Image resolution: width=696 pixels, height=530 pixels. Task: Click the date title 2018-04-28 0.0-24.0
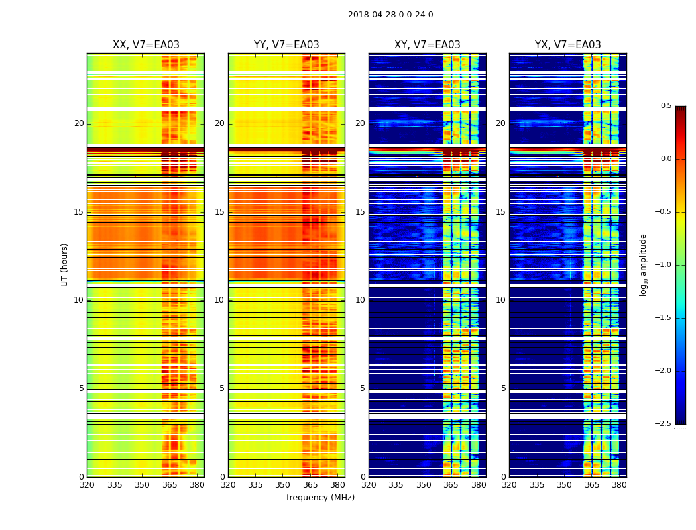(x=390, y=15)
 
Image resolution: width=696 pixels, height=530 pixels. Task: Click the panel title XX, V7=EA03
(x=146, y=45)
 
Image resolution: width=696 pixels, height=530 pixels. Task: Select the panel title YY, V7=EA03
(x=286, y=45)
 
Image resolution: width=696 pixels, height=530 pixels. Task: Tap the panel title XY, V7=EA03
(x=428, y=45)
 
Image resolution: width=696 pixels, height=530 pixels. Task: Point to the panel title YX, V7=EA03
(x=568, y=45)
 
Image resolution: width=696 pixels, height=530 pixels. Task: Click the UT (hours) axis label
(x=65, y=264)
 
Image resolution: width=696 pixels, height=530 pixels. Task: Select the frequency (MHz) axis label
(x=320, y=498)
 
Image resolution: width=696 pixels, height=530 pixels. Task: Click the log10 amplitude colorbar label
(x=643, y=264)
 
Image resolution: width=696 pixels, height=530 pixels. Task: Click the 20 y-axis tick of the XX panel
(x=80, y=123)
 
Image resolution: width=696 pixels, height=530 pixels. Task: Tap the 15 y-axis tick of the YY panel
(x=220, y=212)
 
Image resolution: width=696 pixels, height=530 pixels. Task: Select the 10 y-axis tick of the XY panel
(x=360, y=300)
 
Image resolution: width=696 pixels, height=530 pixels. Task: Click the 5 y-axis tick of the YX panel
(x=503, y=388)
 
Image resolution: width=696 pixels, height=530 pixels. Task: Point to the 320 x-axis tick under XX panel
(x=87, y=485)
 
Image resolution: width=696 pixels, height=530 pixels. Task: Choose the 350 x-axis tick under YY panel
(x=283, y=485)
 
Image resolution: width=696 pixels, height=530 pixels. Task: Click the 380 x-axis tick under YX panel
(x=619, y=485)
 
